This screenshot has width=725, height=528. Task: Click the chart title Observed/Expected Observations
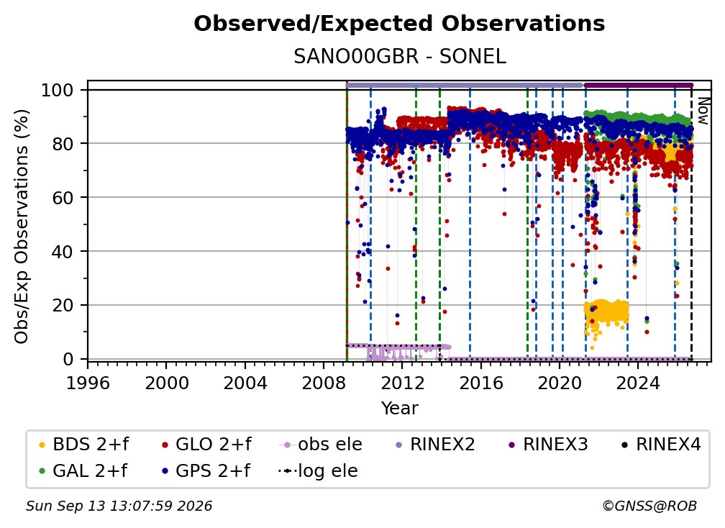tap(399, 24)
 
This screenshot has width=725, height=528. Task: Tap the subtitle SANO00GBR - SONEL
tap(399, 57)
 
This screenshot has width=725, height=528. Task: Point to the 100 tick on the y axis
tap(58, 90)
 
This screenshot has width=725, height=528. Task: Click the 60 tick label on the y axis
tap(63, 198)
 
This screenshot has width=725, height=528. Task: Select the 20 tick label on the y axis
tap(63, 306)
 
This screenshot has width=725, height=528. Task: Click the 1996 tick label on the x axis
tap(88, 383)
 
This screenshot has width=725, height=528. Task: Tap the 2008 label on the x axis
tap(324, 383)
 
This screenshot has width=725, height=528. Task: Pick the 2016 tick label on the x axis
tap(481, 383)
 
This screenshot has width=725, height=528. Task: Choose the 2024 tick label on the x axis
tap(638, 383)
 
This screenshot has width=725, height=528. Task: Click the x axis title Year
tap(399, 409)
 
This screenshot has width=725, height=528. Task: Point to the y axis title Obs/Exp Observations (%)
tap(22, 226)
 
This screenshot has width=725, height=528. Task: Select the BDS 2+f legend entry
tap(83, 445)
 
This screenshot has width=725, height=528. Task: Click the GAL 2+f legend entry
tap(83, 470)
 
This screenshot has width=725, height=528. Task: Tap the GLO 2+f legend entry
tap(206, 445)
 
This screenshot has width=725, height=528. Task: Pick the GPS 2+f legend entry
tap(206, 470)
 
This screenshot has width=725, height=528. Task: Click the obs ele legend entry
tap(321, 445)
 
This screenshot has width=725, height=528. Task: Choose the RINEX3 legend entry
tap(547, 445)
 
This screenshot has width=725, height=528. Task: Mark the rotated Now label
tap(702, 111)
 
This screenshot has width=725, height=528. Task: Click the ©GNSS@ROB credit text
tap(649, 506)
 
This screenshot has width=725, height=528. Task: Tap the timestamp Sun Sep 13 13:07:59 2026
tap(119, 506)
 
